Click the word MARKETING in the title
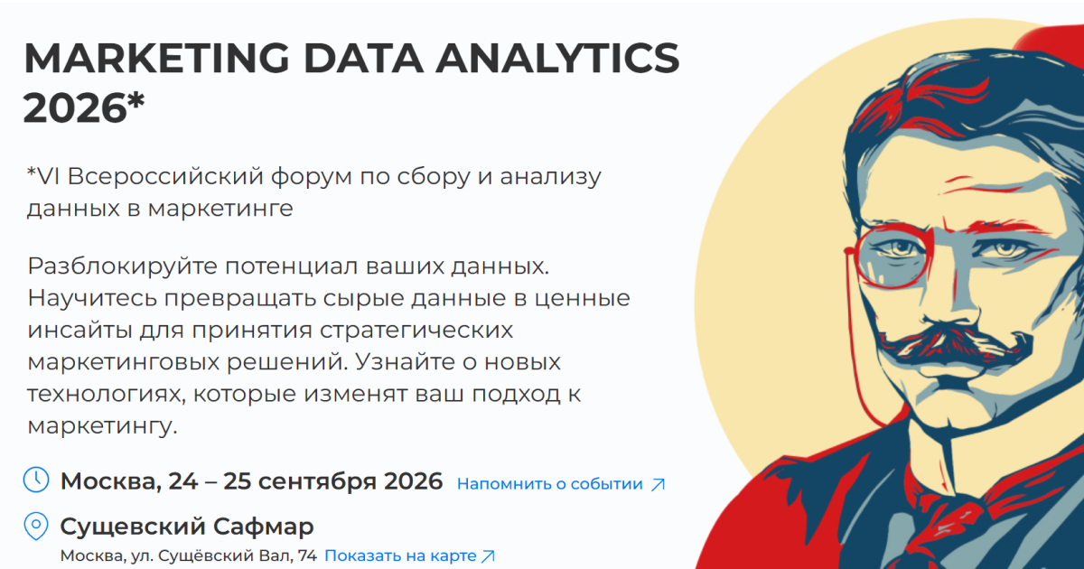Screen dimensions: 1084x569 (x=156, y=58)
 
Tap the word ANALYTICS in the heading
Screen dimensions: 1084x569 (x=558, y=58)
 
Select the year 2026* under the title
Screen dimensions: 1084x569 (x=84, y=107)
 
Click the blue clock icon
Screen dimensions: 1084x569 (x=36, y=480)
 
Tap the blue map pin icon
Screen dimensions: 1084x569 (x=36, y=526)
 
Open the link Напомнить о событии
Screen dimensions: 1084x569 (x=550, y=484)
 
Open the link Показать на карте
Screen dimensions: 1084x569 (x=400, y=556)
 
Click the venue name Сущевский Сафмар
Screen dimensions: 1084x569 (x=187, y=527)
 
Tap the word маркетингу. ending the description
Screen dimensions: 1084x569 (x=103, y=426)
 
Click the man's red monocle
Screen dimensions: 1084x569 (x=892, y=256)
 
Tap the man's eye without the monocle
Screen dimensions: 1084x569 (x=1005, y=250)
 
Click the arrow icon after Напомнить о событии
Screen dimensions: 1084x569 (x=659, y=484)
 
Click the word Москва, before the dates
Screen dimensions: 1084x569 (x=111, y=482)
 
